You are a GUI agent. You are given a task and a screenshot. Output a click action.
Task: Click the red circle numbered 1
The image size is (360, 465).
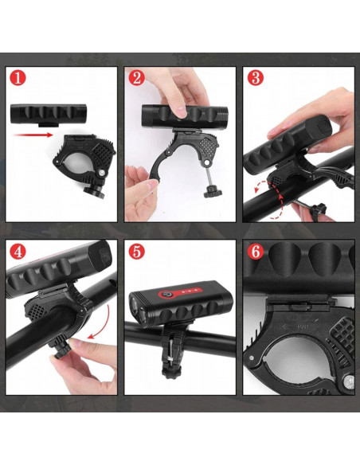(x=18, y=78)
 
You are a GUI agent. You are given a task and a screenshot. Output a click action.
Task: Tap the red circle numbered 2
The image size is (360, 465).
(x=137, y=78)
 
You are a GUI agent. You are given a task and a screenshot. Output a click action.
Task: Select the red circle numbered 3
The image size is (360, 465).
(x=256, y=78)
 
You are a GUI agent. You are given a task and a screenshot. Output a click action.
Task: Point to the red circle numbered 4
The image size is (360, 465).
(x=18, y=252)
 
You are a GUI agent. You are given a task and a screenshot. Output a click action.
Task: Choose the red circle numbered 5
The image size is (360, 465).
(x=137, y=252)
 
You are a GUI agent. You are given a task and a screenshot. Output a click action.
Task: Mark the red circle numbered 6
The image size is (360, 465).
(x=256, y=252)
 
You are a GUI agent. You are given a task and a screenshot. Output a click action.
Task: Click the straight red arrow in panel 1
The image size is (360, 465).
(x=33, y=135)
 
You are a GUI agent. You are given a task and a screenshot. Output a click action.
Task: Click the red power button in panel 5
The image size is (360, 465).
(x=169, y=295)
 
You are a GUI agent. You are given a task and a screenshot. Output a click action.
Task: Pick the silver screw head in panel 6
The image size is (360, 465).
(x=349, y=382)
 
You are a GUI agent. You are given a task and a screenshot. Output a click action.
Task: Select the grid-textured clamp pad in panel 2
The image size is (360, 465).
(x=209, y=147)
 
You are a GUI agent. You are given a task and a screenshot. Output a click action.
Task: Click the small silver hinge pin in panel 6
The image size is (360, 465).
(x=252, y=358)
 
